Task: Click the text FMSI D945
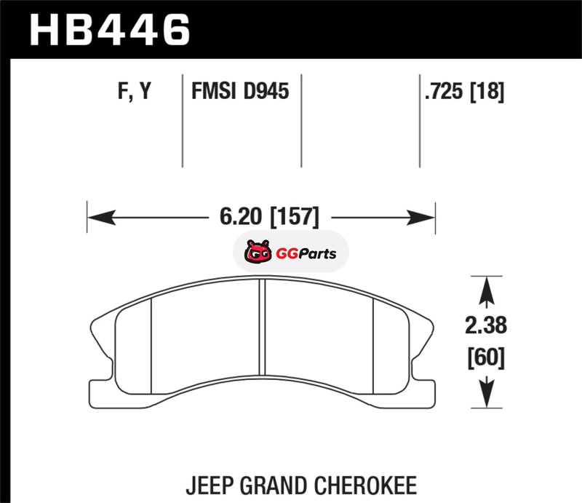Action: point(240,92)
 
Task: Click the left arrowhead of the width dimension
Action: point(97,216)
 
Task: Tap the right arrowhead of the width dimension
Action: point(425,216)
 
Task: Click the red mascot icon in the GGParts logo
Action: point(256,254)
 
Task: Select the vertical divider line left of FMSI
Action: point(181,120)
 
